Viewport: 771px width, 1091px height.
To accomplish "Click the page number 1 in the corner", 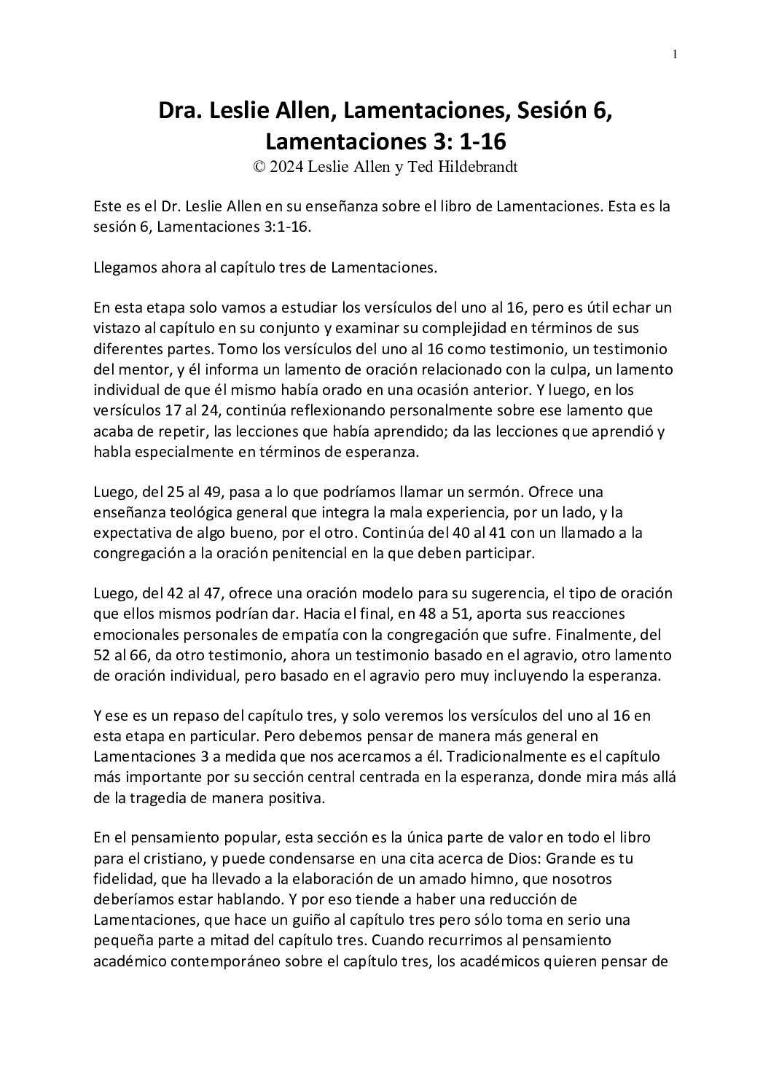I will (x=675, y=55).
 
